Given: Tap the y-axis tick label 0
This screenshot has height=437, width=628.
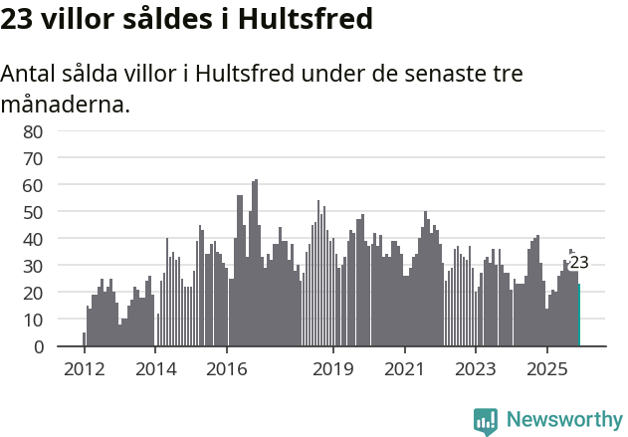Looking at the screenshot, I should click(38, 346).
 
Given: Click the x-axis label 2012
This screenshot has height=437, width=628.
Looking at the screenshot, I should click(84, 369).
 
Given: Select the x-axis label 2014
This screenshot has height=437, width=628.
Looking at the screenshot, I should click(155, 369).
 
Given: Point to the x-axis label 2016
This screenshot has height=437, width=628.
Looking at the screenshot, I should click(227, 369).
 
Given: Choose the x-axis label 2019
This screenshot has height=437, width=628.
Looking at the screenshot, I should click(333, 369).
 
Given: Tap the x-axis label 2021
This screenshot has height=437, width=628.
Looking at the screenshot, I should click(404, 369).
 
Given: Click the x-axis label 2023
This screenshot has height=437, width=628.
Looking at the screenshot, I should click(475, 369).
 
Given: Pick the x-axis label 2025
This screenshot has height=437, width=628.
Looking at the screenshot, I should click(546, 369).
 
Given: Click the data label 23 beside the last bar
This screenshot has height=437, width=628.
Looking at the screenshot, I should click(579, 263).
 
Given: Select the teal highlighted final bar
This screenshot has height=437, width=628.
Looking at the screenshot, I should click(579, 316).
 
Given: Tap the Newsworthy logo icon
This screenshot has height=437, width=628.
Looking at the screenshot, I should click(486, 421).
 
